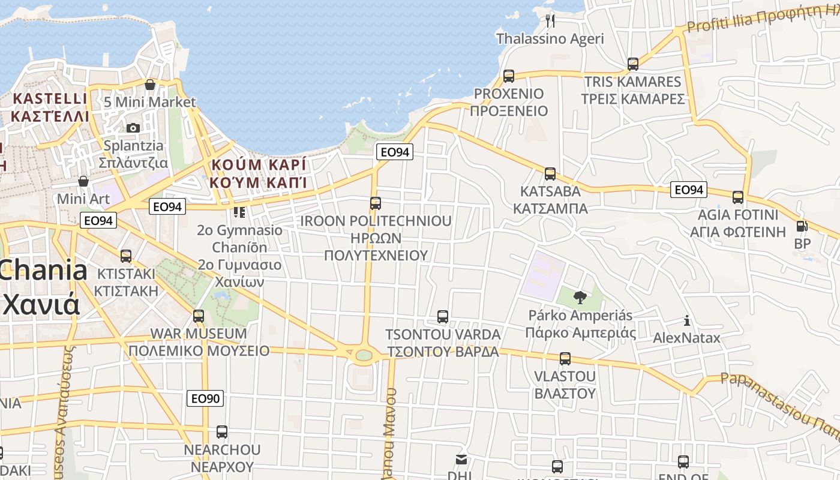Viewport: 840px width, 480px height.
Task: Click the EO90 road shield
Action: [205, 398]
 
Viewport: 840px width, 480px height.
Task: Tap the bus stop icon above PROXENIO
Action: [509, 76]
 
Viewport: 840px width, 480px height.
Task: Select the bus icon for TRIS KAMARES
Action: [632, 64]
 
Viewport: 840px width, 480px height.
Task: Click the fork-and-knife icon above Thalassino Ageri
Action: [550, 21]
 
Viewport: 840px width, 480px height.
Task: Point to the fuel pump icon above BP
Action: [802, 226]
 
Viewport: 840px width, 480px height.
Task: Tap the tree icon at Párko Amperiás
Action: [580, 297]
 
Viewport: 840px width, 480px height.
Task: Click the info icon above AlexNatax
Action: [686, 320]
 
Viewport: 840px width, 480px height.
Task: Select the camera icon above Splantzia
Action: [133, 128]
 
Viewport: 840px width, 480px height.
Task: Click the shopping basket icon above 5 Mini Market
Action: [150, 85]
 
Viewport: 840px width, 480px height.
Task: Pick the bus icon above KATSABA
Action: [550, 174]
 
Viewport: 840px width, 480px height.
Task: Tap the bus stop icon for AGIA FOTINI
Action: [738, 197]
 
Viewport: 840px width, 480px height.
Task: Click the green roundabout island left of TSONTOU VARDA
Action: [364, 355]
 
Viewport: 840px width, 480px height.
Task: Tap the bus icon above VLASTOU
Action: [565, 359]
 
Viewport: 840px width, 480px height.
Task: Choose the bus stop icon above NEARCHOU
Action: [222, 432]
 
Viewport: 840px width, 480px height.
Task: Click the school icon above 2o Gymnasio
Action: [239, 212]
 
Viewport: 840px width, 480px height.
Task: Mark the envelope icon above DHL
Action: [461, 460]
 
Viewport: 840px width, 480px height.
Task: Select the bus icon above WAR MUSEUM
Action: [199, 316]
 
